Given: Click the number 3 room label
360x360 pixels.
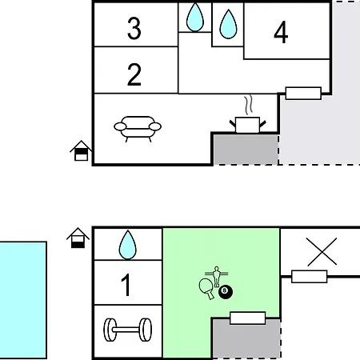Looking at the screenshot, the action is (134, 28).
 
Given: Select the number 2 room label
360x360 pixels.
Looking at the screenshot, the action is (134, 74).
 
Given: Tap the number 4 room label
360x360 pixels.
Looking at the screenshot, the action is (281, 32).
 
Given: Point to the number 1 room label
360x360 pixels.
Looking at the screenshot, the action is (126, 285).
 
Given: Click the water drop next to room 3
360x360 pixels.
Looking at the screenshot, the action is (195, 18).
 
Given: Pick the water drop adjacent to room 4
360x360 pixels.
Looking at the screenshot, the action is (228, 25).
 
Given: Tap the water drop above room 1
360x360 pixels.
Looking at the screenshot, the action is (128, 245).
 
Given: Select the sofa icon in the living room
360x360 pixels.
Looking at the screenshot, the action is (138, 129).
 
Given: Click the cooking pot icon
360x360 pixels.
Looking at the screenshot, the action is (248, 125).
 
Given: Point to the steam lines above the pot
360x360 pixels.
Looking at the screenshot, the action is (248, 104).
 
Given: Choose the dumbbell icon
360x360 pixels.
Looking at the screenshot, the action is (128, 330).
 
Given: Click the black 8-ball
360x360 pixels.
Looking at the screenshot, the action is (226, 291).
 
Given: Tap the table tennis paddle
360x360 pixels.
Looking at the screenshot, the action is (206, 289).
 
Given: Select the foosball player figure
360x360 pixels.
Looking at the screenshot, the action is (217, 277).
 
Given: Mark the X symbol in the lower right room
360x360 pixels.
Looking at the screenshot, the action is (322, 252).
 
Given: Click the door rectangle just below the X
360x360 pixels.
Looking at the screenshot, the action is (310, 277).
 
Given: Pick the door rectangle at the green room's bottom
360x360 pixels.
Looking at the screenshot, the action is (248, 318).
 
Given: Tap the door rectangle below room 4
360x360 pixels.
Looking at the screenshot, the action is (303, 94).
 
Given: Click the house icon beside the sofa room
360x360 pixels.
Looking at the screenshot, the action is (81, 150).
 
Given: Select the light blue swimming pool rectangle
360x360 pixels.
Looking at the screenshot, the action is (23, 300).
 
